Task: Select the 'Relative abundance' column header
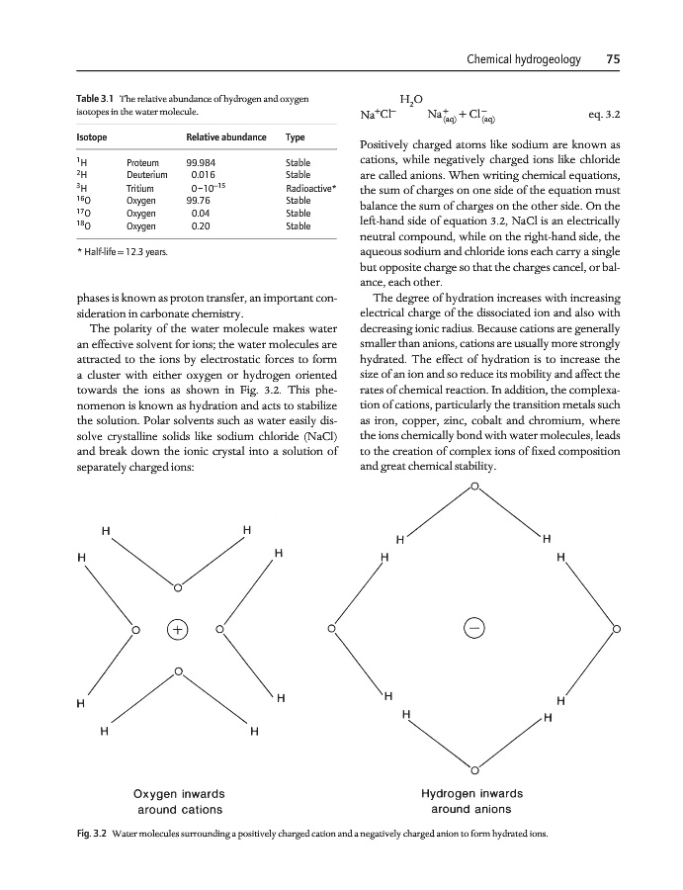pyautogui.click(x=226, y=135)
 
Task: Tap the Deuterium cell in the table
pyautogui.click(x=145, y=174)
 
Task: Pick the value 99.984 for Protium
pyautogui.click(x=204, y=162)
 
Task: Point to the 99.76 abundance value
pyautogui.click(x=202, y=200)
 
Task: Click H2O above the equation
pyautogui.click(x=411, y=98)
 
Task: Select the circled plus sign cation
pyautogui.click(x=177, y=629)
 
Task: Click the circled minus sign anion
pyautogui.click(x=474, y=629)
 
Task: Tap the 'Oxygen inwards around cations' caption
pyautogui.click(x=178, y=802)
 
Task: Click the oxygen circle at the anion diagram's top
pyautogui.click(x=474, y=487)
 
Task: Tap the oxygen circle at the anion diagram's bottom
pyautogui.click(x=474, y=769)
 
